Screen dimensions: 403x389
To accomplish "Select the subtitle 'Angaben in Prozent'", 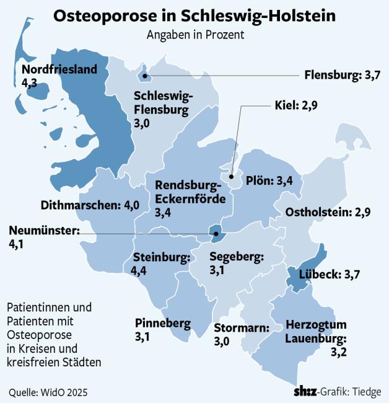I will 194,35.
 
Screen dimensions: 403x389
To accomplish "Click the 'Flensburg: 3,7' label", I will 341,76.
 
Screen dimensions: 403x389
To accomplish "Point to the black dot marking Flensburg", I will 144,76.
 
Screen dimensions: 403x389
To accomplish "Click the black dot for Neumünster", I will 216,234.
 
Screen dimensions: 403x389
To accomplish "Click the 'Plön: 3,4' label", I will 267,181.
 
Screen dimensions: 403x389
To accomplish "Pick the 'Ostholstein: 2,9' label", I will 328,213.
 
